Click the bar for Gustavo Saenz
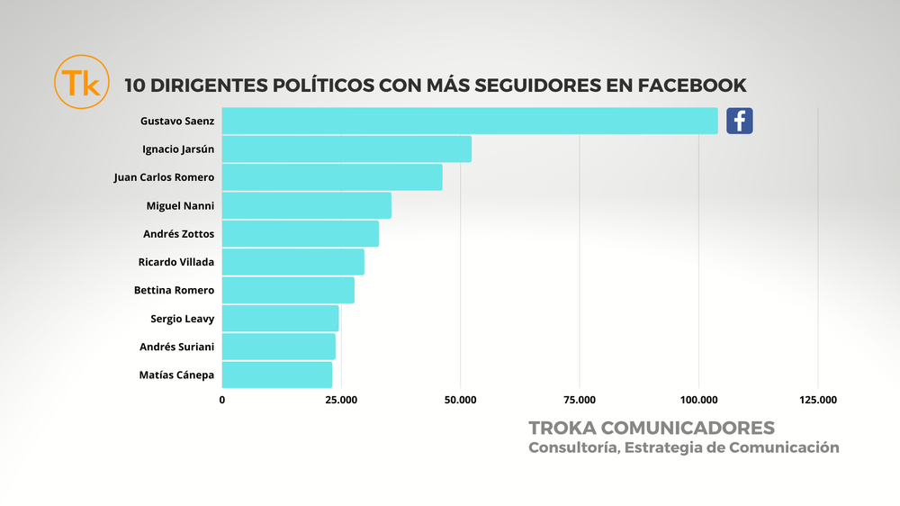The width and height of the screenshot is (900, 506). tap(469, 121)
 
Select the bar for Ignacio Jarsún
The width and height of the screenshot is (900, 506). tap(346, 149)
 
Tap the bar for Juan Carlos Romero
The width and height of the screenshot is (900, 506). tap(331, 177)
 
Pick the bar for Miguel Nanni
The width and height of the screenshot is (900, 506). tap(306, 205)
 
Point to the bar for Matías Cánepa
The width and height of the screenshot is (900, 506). tap(276, 375)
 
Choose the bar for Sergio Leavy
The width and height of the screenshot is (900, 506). tap(280, 318)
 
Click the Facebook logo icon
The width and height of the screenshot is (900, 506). tap(740, 121)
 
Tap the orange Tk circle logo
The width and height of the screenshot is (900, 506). tap(81, 83)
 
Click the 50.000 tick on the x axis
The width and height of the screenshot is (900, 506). tap(460, 400)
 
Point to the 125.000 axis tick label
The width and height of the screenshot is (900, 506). tap(818, 400)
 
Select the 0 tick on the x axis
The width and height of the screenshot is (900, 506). tap(222, 400)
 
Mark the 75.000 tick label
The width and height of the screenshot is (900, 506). tap(580, 400)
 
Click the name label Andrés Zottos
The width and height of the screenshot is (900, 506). tap(179, 234)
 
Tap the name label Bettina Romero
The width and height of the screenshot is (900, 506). tap(174, 290)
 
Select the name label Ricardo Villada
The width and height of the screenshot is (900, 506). tap(176, 262)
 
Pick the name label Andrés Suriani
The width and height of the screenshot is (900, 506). tap(177, 347)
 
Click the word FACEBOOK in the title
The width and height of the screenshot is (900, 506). tap(692, 86)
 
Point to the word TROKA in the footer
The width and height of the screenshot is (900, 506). tap(562, 427)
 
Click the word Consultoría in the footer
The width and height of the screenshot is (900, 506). tap(571, 447)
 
